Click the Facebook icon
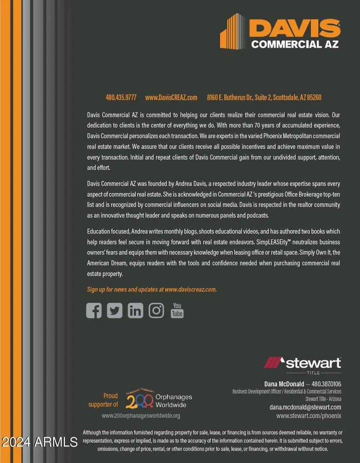94,310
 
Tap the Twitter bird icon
115,310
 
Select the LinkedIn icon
135,310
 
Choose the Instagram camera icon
156,310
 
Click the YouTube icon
177,310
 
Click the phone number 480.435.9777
121,97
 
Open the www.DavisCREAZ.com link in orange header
171,97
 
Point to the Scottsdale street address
264,97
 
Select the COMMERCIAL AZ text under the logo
295,44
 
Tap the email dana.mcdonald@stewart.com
305,407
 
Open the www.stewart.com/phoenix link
309,416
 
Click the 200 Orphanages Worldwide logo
159,399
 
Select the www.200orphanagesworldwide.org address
141,416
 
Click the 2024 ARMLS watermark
39,442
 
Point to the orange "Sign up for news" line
152,289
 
